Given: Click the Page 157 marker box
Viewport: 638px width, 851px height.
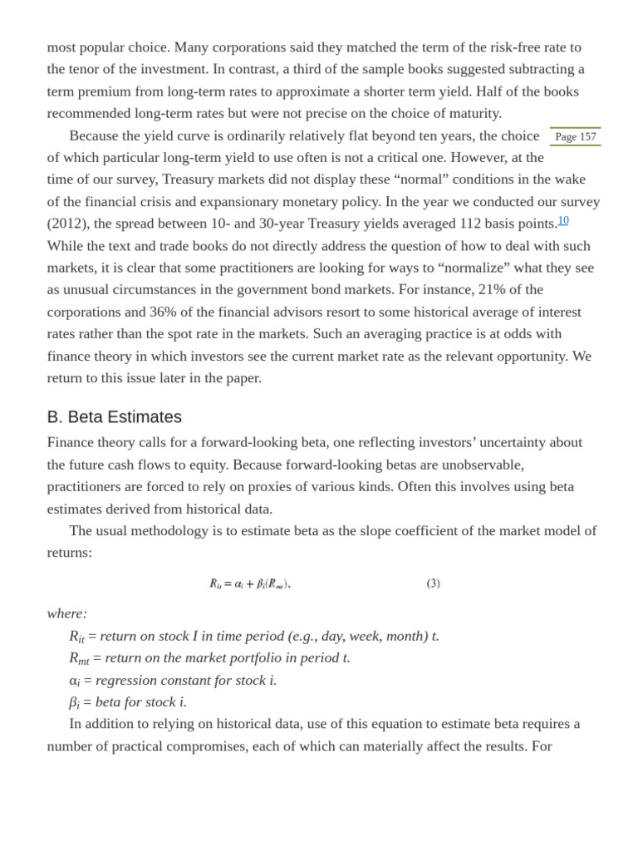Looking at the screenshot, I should pos(575,136).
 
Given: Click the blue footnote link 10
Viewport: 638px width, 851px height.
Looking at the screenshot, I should pos(563,220).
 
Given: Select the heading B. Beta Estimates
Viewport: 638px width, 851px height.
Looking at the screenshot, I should pos(115,417).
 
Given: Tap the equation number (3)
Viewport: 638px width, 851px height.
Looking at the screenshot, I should pos(434,583).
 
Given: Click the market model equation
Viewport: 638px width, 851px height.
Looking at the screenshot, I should pos(250,583).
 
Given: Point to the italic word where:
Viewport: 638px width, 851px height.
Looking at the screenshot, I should pos(67,613).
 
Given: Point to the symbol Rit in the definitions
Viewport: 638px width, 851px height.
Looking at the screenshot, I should pos(76,637).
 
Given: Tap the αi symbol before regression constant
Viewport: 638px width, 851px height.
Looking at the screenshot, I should pos(74,681).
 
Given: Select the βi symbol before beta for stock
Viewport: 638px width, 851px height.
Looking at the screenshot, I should pos(74,702).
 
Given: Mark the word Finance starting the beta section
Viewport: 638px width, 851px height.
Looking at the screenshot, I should pos(71,442).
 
